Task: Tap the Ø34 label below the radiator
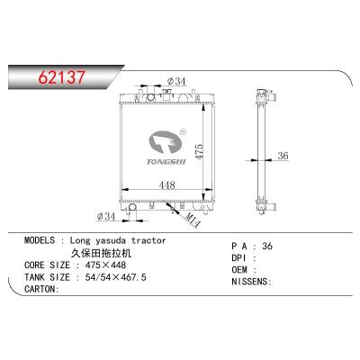click(108, 216)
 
